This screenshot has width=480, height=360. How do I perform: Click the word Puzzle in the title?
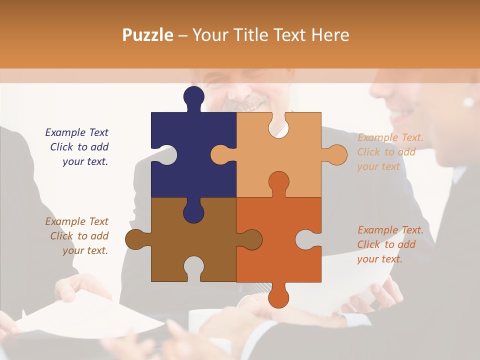click(x=148, y=35)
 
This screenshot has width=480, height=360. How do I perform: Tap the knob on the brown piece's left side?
click(x=135, y=239)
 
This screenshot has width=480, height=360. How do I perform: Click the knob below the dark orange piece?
click(x=278, y=297)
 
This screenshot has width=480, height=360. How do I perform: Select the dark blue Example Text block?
click(x=78, y=147)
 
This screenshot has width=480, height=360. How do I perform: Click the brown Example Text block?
click(x=78, y=236)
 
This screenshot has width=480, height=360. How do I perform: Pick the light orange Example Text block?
click(x=389, y=152)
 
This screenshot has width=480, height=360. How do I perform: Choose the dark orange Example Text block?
click(x=389, y=244)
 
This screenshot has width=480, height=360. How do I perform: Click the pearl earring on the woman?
click(x=468, y=102)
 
